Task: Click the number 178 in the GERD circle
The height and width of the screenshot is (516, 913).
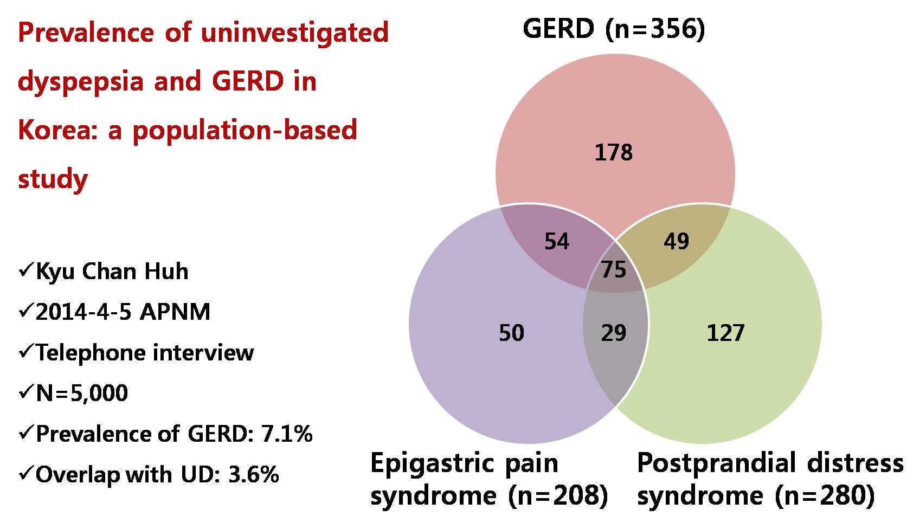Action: pyautogui.click(x=613, y=152)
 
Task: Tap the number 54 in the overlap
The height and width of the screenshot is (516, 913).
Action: pyautogui.click(x=557, y=241)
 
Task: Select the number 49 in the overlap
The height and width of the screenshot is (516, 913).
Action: pyautogui.click(x=676, y=241)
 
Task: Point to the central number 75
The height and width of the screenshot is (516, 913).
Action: pyautogui.click(x=613, y=269)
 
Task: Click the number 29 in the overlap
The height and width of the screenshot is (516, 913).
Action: pyautogui.click(x=613, y=333)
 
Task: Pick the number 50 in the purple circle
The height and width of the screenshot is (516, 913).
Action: pyautogui.click(x=511, y=333)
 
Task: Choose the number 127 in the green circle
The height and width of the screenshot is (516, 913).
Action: pyautogui.click(x=725, y=333)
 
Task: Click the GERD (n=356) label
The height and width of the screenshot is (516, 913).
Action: pyautogui.click(x=613, y=30)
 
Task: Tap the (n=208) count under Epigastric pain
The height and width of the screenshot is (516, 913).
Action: pyautogui.click(x=558, y=496)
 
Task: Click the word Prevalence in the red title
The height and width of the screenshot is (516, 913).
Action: pyautogui.click(x=86, y=33)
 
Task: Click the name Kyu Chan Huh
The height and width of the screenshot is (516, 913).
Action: pyautogui.click(x=112, y=272)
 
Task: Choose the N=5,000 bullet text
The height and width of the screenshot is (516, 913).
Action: pyautogui.click(x=82, y=393)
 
